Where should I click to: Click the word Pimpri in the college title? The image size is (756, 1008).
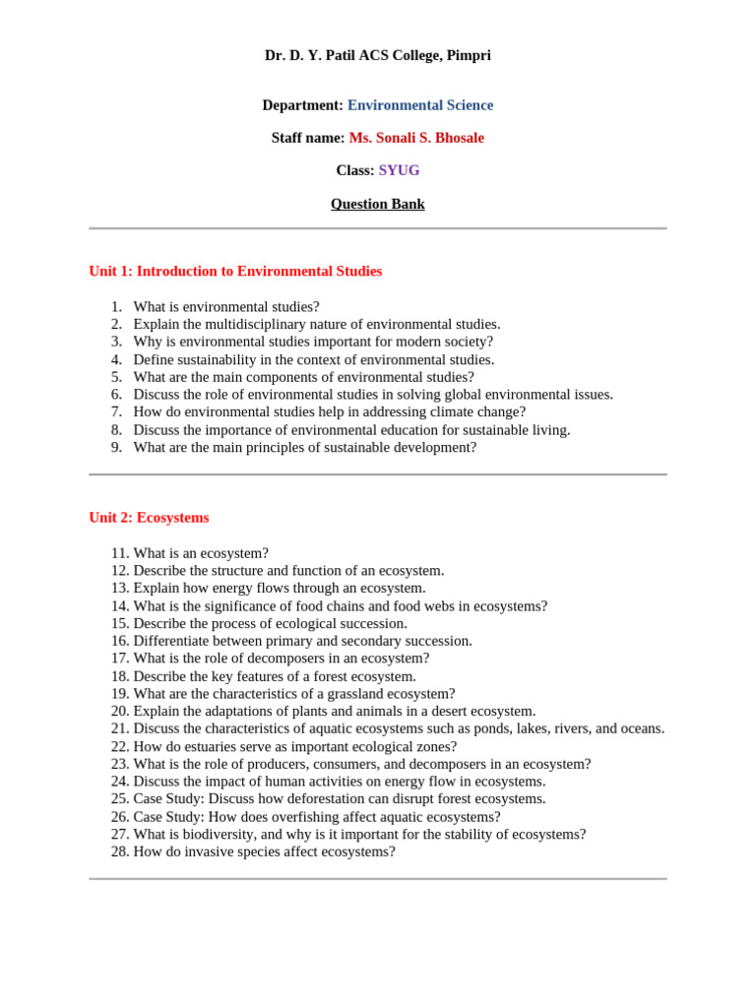point(469,55)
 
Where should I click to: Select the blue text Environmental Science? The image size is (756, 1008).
point(420,105)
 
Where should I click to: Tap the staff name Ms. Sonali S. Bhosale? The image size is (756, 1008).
point(416,138)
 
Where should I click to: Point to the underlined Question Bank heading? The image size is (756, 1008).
point(377,204)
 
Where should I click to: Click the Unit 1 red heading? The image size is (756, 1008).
point(235,271)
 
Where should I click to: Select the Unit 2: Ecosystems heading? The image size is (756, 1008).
point(149,517)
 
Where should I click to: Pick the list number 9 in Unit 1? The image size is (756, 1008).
point(115,447)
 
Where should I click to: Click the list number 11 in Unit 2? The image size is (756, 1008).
point(119,553)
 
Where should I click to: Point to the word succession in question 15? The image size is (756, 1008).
point(372,623)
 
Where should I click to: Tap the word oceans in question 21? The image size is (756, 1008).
point(641,728)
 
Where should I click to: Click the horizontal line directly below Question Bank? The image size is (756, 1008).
point(377,228)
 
